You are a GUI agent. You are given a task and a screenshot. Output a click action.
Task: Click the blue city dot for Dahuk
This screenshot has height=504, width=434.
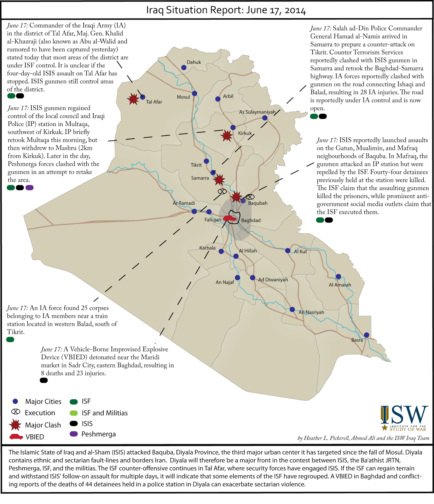184,67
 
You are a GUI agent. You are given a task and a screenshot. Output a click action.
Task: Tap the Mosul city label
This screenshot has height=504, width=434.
183,97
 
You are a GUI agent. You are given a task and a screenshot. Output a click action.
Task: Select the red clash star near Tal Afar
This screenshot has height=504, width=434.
133,99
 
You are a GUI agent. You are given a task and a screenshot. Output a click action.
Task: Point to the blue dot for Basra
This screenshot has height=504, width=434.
366,335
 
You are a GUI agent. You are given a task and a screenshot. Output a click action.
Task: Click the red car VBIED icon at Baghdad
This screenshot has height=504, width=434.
230,218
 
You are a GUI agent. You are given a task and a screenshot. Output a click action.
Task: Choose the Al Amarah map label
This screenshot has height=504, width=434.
340,285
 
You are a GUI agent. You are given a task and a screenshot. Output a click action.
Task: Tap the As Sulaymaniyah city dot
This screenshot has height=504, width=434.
265,118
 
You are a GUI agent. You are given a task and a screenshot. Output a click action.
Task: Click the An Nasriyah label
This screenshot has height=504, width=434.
311,312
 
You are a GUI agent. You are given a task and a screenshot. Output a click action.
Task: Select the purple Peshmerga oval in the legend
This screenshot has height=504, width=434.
74,434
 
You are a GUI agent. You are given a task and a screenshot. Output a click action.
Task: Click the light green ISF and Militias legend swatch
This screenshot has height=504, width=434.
74,413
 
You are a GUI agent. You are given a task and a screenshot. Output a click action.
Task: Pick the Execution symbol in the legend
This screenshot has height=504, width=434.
15,412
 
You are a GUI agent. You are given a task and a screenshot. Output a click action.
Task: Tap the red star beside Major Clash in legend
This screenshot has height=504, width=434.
15,425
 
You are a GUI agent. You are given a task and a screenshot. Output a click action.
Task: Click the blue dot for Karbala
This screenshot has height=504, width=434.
221,251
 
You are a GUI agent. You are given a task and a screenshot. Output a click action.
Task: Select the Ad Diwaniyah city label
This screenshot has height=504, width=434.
273,280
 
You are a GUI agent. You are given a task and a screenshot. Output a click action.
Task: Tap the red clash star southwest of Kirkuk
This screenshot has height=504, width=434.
227,136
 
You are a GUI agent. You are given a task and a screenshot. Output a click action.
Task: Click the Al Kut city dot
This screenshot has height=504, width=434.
288,251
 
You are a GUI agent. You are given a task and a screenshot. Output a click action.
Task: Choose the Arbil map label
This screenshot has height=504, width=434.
228,96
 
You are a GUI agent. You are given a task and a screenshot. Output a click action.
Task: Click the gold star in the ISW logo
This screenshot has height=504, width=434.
385,428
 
